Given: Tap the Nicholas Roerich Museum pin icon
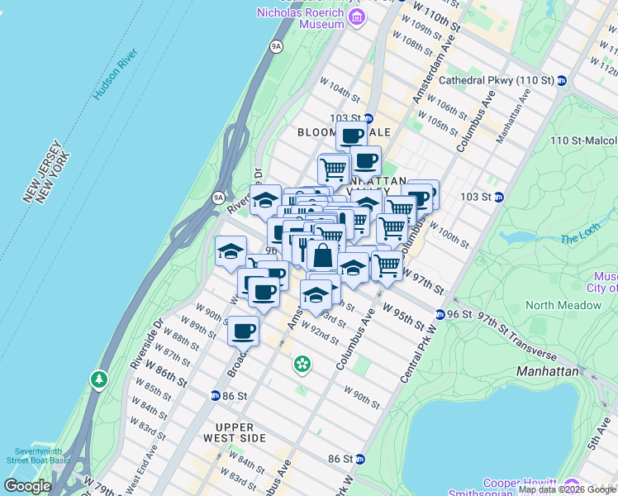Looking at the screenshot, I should pos(357,17).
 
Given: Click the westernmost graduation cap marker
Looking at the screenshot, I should pos(231,250).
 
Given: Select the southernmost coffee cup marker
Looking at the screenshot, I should pos(243,331).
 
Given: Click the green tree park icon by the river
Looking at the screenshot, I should pos(99,379).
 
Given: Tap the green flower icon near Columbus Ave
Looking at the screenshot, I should pos(303,364).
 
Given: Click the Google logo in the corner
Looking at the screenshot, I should pos(27,486).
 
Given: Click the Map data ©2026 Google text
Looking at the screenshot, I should pos(567,489).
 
